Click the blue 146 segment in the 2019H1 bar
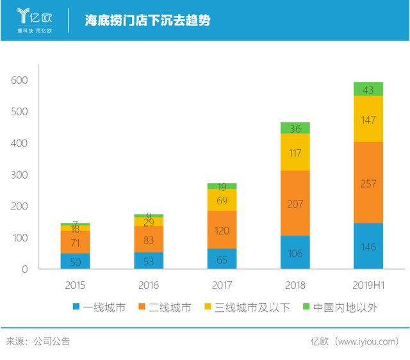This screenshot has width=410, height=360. (368, 246)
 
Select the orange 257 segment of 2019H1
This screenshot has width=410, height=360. (368, 183)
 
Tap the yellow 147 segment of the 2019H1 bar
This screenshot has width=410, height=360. (368, 119)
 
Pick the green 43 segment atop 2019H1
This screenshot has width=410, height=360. (368, 89)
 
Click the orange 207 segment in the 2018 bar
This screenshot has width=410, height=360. (295, 203)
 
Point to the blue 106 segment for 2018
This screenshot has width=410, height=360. (295, 252)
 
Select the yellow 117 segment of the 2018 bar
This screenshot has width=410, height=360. (295, 152)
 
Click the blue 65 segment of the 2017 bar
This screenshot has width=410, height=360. (222, 259)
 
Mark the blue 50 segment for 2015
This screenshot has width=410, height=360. (76, 261)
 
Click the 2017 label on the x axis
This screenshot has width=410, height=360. (222, 285)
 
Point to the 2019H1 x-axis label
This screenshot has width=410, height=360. (368, 285)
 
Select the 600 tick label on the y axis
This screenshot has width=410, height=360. (20, 80)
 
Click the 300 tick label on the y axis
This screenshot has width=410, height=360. (20, 175)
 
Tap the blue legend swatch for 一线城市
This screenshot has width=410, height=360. (76, 308)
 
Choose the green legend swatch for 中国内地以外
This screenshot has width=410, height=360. (306, 308)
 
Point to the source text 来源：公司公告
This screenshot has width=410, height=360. (38, 341)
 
